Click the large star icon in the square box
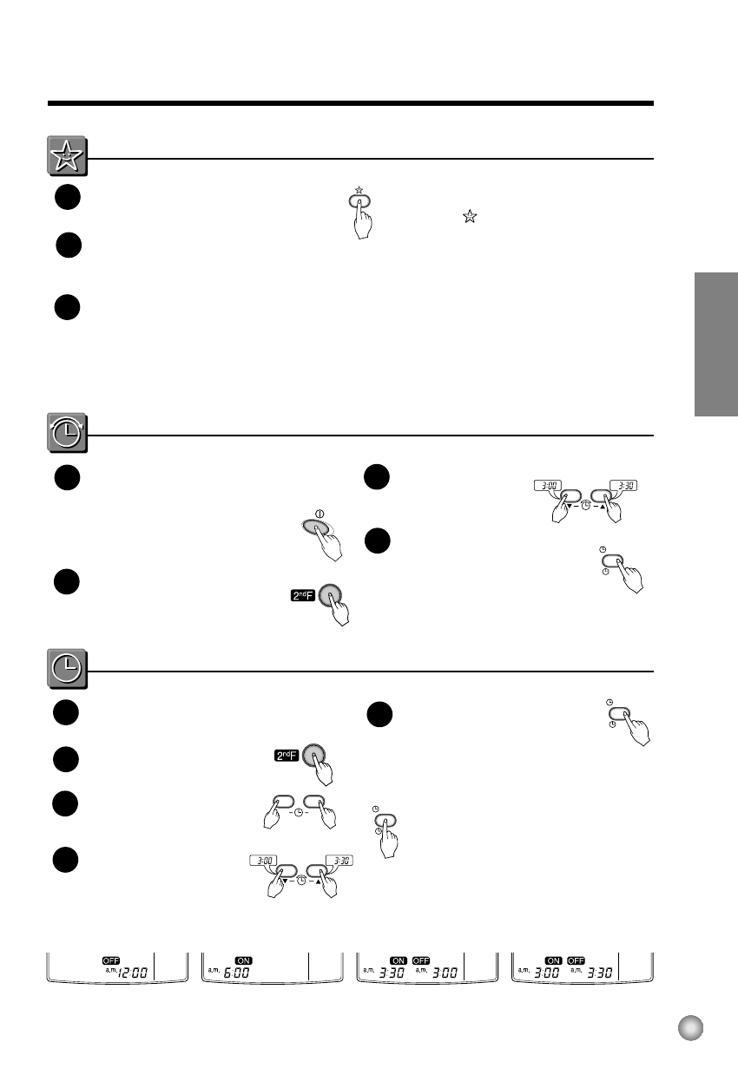click(x=67, y=156)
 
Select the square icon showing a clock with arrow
click(x=67, y=433)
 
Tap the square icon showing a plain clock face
click(x=67, y=668)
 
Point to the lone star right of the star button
click(x=470, y=217)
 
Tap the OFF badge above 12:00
click(x=111, y=960)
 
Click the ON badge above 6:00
click(x=244, y=960)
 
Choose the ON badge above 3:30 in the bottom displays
click(x=399, y=960)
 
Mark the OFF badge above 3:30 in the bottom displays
click(x=576, y=960)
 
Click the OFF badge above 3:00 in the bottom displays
click(x=421, y=960)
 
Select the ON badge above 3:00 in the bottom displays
click(x=553, y=960)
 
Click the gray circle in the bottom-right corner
click(x=691, y=1027)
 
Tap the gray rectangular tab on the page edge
click(x=716, y=344)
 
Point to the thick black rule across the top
click(x=350, y=103)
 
